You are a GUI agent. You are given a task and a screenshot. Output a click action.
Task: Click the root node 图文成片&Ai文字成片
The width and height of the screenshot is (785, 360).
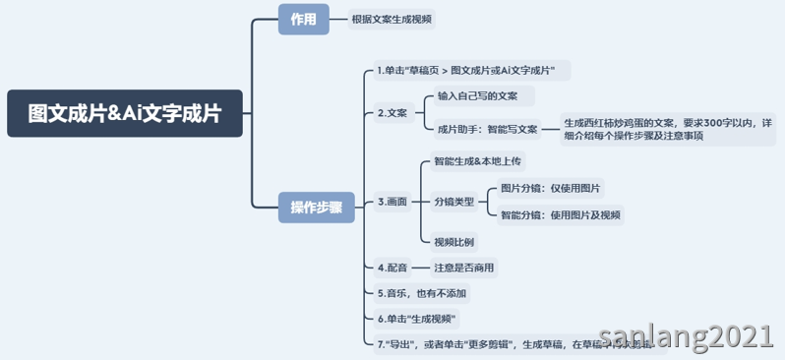click(125, 113)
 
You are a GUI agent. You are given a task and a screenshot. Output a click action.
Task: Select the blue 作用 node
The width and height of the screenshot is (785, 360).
click(303, 20)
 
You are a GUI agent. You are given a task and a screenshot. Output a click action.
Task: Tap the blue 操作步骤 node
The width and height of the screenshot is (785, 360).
click(316, 207)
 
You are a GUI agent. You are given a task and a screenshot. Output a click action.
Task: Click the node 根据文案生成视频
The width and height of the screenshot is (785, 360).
click(392, 20)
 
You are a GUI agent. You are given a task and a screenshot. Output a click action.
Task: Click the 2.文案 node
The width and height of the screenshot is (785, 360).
click(392, 113)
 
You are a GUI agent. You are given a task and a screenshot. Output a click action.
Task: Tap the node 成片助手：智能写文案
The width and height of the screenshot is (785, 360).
click(488, 129)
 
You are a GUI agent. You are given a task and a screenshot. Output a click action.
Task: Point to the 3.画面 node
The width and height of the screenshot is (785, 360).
click(392, 202)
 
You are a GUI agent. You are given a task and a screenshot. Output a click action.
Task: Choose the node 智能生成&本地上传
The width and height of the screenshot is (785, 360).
click(477, 160)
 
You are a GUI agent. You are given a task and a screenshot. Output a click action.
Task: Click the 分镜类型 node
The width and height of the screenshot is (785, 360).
click(453, 202)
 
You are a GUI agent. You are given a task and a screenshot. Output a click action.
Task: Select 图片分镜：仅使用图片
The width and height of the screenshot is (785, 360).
click(551, 188)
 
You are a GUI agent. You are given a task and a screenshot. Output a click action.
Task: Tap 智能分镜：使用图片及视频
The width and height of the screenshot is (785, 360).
click(560, 214)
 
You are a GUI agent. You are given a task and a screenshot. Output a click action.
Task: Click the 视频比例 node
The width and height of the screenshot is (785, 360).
click(453, 241)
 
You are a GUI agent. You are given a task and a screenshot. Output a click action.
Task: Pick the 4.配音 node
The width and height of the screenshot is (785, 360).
click(392, 267)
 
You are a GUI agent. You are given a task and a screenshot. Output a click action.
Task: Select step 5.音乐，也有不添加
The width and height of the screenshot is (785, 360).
click(421, 293)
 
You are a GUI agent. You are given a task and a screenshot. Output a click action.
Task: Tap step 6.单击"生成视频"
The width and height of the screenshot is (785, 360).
click(418, 319)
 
